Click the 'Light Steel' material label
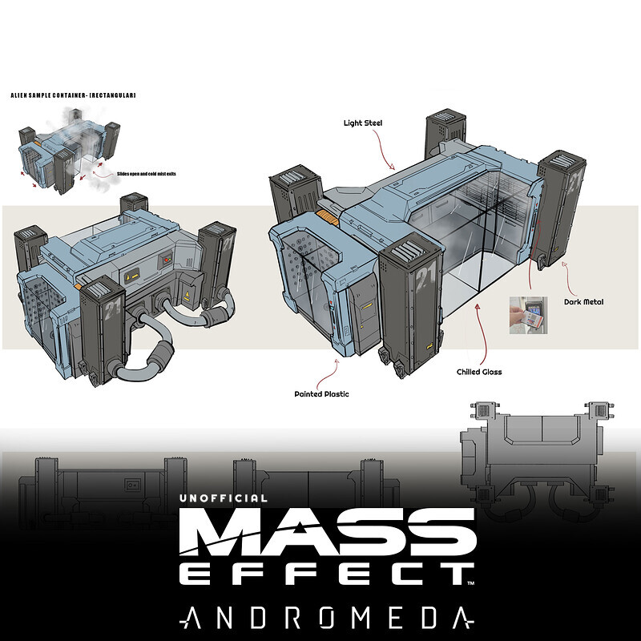pos(363,123)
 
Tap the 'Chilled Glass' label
pos(478,372)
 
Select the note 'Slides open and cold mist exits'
pos(139,171)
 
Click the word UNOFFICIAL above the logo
pos(224,498)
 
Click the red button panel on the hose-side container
pos(166,260)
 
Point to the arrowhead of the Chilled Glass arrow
pos(479,306)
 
